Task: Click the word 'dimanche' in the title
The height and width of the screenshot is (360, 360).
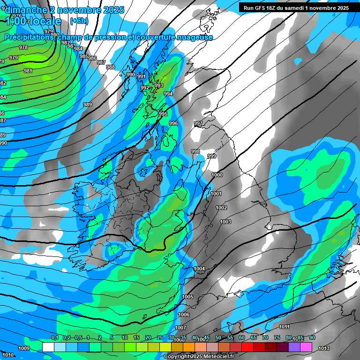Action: (x=25, y=10)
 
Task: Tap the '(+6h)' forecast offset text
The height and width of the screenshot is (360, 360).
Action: (x=78, y=21)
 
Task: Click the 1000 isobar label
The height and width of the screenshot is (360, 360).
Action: (x=217, y=175)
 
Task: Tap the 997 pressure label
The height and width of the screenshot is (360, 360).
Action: (x=198, y=123)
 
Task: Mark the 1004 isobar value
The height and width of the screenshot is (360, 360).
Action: (x=199, y=269)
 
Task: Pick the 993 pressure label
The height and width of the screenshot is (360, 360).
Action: (x=159, y=85)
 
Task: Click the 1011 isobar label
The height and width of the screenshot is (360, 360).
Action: (x=284, y=327)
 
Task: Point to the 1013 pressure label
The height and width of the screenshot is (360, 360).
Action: (x=323, y=348)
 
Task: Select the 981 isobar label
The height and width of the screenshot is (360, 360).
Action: (x=28, y=71)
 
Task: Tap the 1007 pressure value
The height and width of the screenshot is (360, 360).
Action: (x=180, y=328)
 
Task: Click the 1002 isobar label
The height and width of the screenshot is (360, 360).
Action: (x=221, y=208)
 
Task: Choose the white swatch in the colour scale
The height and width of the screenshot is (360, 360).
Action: (x=48, y=347)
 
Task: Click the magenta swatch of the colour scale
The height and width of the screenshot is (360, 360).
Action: (x=306, y=347)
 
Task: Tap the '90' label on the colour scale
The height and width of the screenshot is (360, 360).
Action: (x=312, y=338)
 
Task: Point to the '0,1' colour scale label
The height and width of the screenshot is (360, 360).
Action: (x=55, y=338)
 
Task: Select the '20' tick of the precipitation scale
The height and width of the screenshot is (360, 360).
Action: (x=148, y=338)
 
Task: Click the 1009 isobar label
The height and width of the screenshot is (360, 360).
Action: (x=24, y=348)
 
